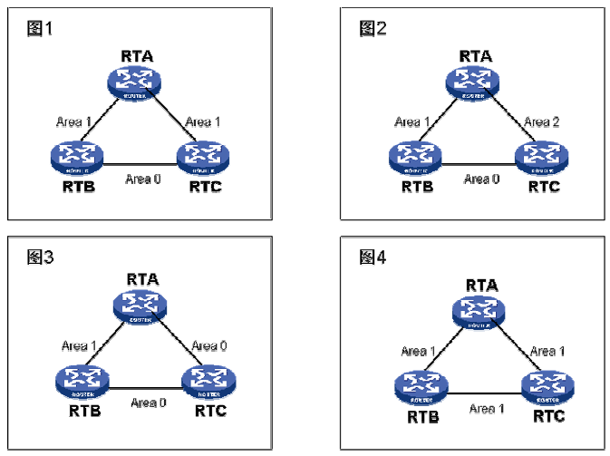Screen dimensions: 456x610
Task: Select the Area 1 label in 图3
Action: point(80,345)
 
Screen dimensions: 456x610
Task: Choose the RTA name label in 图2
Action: point(475,55)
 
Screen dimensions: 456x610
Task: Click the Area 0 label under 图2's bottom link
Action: point(480,179)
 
